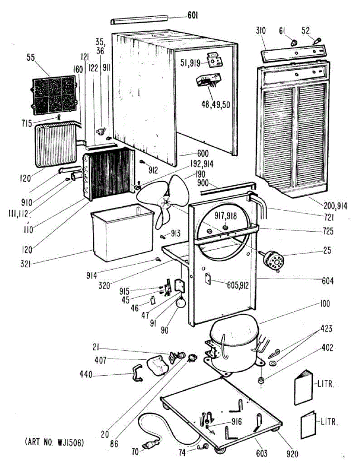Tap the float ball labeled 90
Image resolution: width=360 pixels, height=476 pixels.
point(181,303)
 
